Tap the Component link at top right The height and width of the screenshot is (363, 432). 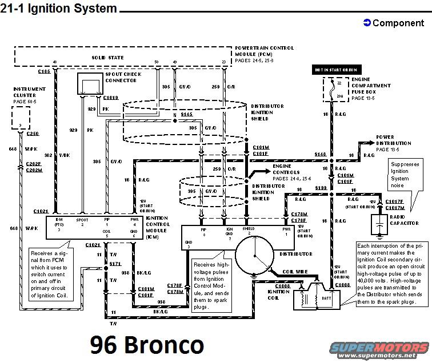point(394,23)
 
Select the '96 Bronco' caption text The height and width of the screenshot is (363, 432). point(146,345)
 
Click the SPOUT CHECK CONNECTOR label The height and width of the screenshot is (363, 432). point(122,78)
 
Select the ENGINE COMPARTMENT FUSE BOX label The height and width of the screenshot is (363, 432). point(371,88)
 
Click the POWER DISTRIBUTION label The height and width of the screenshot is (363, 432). point(393,140)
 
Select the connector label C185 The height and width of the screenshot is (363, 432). point(44,71)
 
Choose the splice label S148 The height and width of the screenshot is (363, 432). point(319,154)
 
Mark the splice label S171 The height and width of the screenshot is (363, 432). point(117,264)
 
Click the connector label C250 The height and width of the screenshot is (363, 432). point(32,133)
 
